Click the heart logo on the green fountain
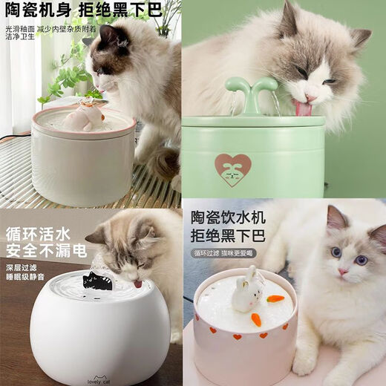pos(233,169)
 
